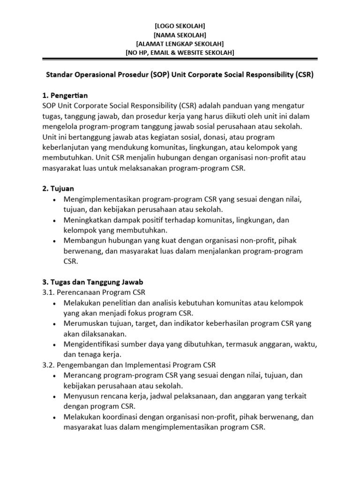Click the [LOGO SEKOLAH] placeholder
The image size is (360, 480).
180,26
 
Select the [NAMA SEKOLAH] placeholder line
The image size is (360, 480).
180,35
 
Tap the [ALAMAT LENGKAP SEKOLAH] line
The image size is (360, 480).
180,44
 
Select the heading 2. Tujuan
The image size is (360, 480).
58,188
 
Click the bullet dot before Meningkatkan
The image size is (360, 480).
56,220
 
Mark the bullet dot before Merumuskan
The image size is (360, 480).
56,324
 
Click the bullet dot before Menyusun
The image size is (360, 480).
56,397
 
